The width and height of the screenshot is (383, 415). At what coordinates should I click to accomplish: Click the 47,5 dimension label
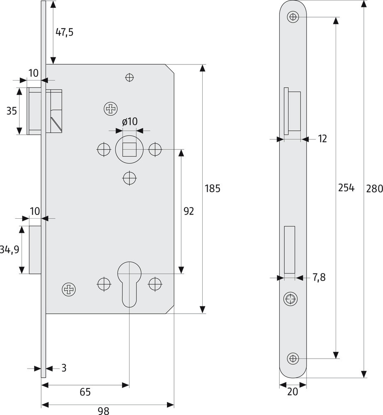pyautogui.click(x=64, y=32)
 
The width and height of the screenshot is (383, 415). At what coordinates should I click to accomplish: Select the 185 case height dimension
pyautogui.click(x=212, y=188)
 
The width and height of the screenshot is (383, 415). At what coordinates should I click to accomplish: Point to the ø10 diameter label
pyautogui.click(x=130, y=122)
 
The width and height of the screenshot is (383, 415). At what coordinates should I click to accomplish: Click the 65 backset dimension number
pyautogui.click(x=85, y=392)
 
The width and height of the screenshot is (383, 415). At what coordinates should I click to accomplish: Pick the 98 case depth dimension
pyautogui.click(x=103, y=410)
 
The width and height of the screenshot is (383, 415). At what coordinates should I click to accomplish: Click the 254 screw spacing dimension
pyautogui.click(x=346, y=188)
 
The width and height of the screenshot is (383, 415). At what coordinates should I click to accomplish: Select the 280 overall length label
pyautogui.click(x=375, y=188)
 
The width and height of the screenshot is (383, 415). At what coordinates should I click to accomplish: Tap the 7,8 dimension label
pyautogui.click(x=319, y=277)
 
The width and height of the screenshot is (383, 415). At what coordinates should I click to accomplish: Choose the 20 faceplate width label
pyautogui.click(x=293, y=391)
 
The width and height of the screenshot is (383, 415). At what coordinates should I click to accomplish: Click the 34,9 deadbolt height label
pyautogui.click(x=10, y=249)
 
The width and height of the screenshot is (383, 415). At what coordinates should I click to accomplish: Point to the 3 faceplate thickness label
pyautogui.click(x=64, y=368)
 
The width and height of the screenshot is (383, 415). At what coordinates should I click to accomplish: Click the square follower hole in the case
pyautogui.click(x=129, y=149)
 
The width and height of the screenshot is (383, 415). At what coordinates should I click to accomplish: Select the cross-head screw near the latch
pyautogui.click(x=111, y=108)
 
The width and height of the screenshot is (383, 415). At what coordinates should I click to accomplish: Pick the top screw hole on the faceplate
pyautogui.click(x=293, y=17)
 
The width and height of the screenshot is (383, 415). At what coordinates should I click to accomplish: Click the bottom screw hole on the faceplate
pyautogui.click(x=293, y=359)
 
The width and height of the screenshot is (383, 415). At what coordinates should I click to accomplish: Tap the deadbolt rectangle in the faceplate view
pyautogui.click(x=290, y=249)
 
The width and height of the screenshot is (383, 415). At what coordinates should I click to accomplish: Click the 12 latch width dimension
pyautogui.click(x=322, y=139)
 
